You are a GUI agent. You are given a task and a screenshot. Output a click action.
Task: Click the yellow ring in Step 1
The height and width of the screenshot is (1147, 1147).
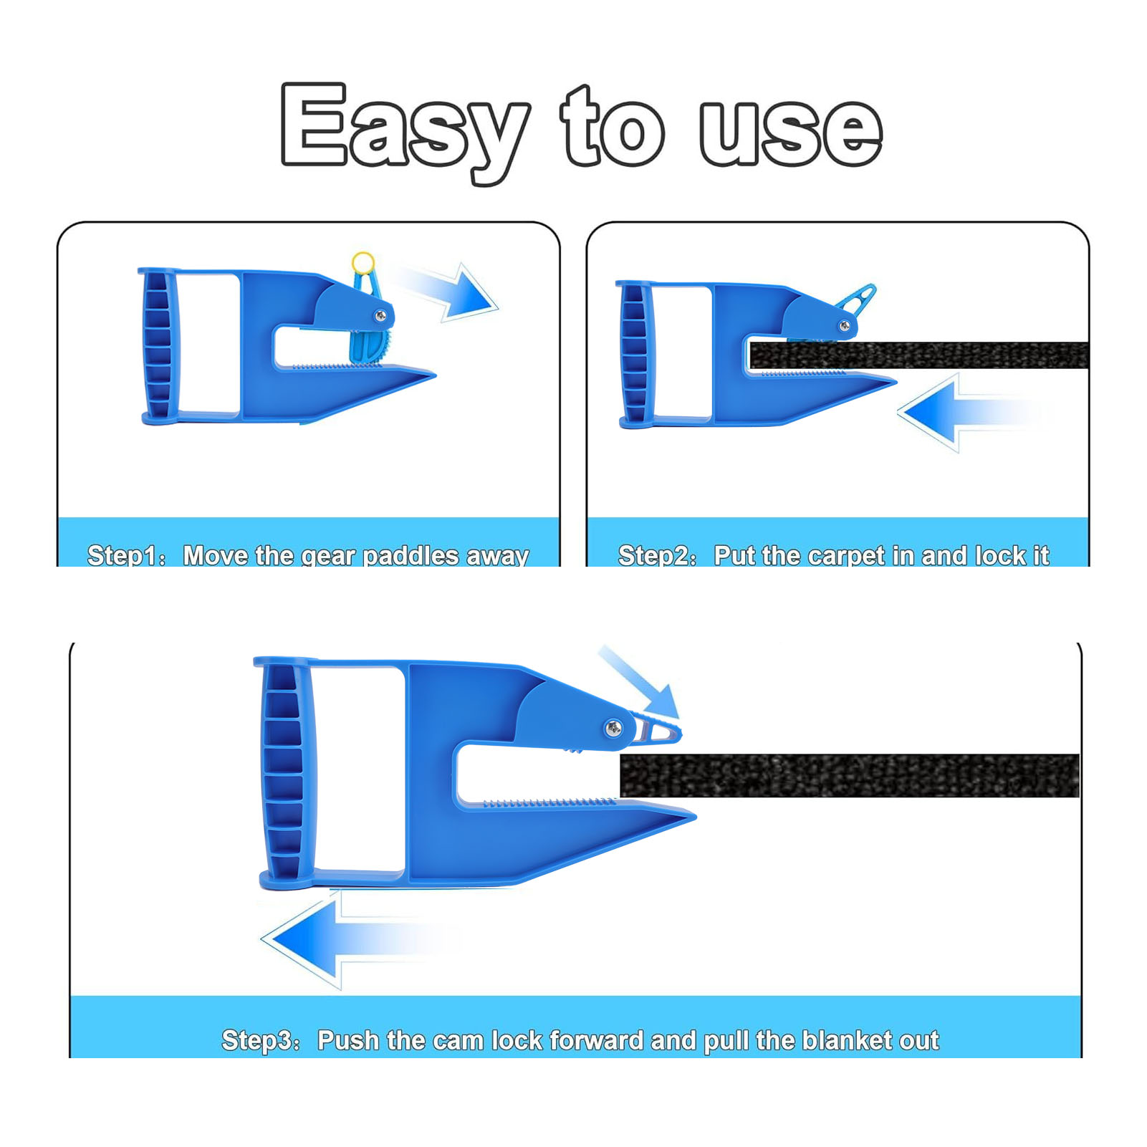pos(363,262)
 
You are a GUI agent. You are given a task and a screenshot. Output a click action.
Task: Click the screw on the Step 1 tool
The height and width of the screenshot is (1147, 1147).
pos(380,315)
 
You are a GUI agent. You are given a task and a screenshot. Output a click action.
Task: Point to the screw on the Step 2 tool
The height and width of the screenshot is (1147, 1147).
pos(845,326)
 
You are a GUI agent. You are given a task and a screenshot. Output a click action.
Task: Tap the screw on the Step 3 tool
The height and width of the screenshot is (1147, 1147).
pos(614,729)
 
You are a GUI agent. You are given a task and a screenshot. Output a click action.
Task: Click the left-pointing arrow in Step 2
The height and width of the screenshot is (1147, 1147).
pos(967,413)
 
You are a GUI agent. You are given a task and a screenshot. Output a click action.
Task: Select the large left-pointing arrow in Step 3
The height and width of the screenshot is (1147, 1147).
pos(358,939)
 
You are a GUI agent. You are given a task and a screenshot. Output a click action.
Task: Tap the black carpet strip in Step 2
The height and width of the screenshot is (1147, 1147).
pos(919,355)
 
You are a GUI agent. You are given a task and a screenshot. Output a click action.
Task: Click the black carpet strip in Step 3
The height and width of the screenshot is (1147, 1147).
pos(850,775)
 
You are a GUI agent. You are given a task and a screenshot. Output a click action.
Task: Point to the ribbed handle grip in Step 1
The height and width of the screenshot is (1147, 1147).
pos(158,345)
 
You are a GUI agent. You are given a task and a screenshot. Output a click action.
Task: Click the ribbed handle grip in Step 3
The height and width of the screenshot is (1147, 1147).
pos(284,772)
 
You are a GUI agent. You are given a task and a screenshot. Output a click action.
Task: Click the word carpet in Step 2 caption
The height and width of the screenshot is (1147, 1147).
pos(851,556)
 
